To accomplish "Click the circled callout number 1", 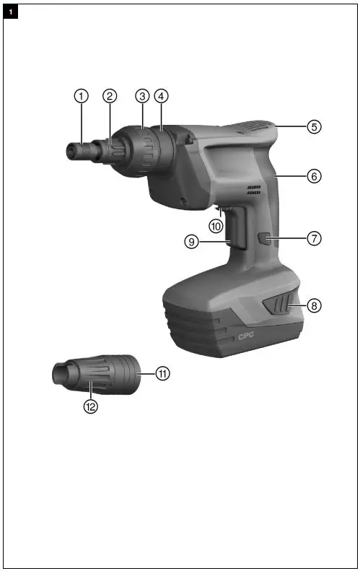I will pyautogui.click(x=82, y=95).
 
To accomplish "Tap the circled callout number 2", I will pyautogui.click(x=109, y=95).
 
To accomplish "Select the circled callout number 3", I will pyautogui.click(x=142, y=95).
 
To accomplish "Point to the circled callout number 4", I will pyautogui.click(x=161, y=95).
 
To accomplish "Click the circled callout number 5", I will pyautogui.click(x=314, y=126).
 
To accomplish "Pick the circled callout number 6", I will pyautogui.click(x=314, y=175).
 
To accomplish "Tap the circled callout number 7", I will pyautogui.click(x=314, y=237).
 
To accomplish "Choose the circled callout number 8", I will pyautogui.click(x=314, y=305).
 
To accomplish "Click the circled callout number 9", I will pyautogui.click(x=191, y=243).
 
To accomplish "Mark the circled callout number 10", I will pyautogui.click(x=216, y=226).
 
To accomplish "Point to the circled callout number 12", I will pyautogui.click(x=90, y=406).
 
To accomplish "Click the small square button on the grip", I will pyautogui.click(x=265, y=238).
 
